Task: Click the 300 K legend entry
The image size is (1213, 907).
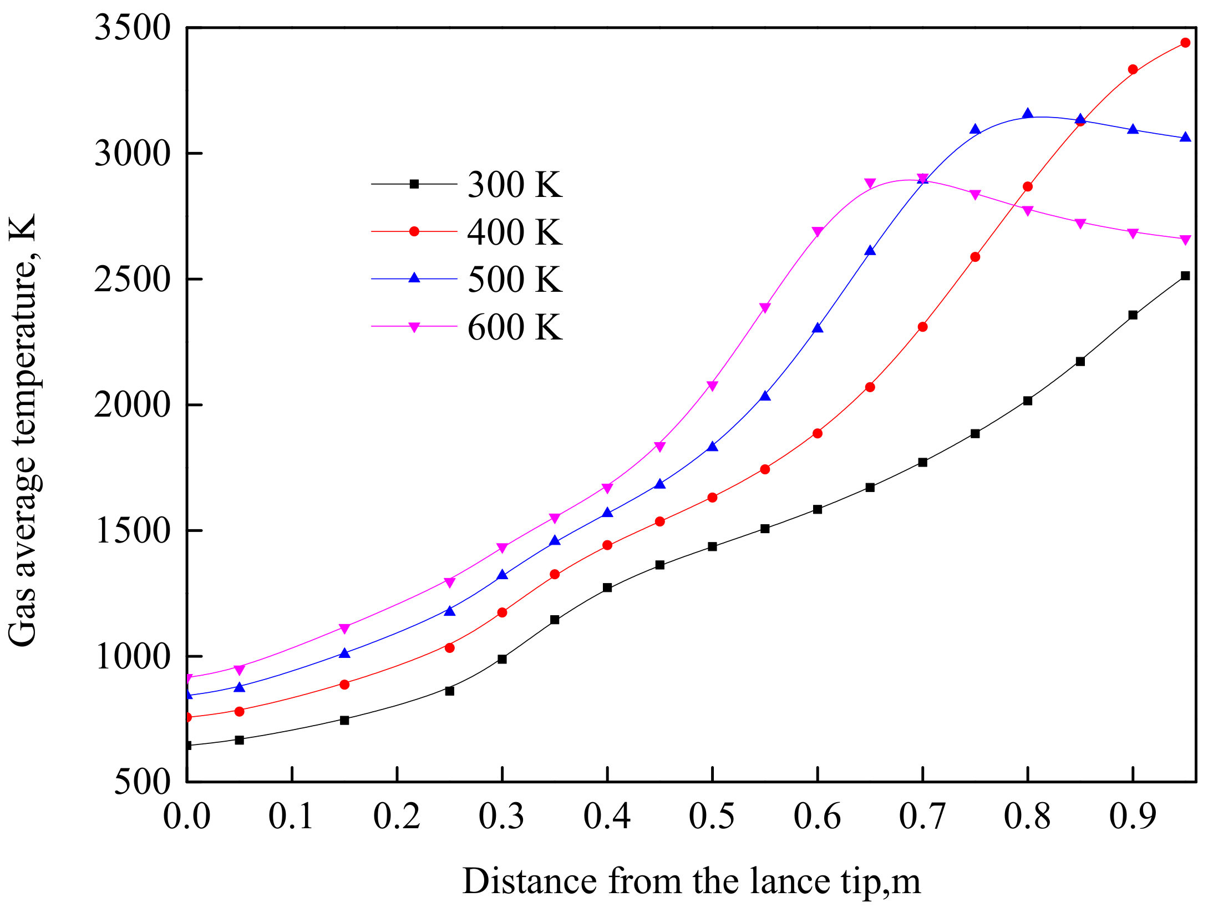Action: (x=514, y=184)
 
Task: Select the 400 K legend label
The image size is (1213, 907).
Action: (x=514, y=232)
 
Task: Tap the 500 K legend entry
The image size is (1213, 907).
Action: (x=514, y=279)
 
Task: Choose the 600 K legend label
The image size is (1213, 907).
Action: (x=514, y=327)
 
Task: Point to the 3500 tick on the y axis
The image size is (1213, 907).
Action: (x=132, y=27)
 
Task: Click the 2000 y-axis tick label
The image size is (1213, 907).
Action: (x=132, y=405)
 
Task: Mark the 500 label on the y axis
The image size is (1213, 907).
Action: (x=142, y=782)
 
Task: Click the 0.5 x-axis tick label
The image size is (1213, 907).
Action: (x=712, y=817)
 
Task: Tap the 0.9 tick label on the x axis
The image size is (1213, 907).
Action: (x=1132, y=817)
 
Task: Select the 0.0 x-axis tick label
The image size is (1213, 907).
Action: (x=186, y=817)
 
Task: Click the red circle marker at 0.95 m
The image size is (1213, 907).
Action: (x=1185, y=43)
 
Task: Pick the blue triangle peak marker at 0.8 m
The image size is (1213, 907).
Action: (x=1028, y=114)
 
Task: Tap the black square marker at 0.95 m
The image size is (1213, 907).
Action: (x=1185, y=276)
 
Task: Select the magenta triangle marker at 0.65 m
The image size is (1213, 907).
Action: (x=870, y=183)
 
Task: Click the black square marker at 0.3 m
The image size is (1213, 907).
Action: (x=502, y=659)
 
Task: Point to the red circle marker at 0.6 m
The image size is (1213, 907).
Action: (x=817, y=433)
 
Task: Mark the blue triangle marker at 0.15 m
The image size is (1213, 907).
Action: (x=344, y=653)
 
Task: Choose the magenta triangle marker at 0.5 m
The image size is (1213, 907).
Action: (x=712, y=386)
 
